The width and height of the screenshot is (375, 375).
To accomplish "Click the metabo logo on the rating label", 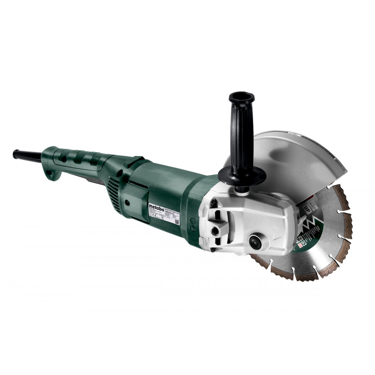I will (x=156, y=207).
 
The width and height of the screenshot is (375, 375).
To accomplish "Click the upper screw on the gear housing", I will (x=213, y=202).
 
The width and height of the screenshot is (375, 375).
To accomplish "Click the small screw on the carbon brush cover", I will (x=127, y=202).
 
